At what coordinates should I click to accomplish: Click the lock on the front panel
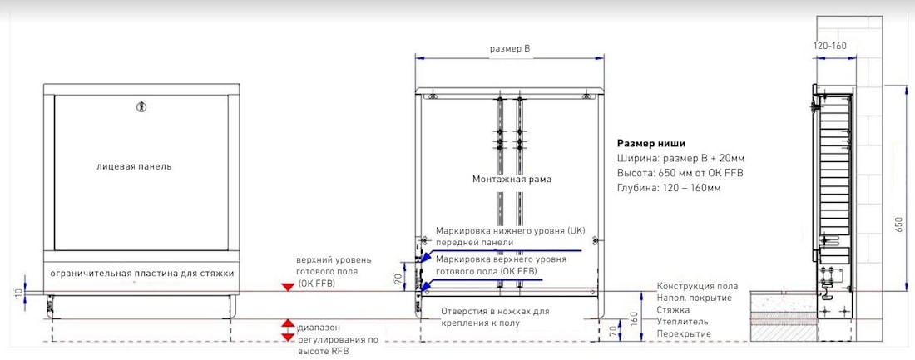141,106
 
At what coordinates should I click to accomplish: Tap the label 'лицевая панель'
134,166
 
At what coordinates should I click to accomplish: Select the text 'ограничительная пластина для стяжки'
141,273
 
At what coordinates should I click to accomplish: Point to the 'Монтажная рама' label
512,179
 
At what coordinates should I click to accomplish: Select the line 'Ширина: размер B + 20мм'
680,158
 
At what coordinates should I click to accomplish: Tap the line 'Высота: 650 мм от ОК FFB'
680,173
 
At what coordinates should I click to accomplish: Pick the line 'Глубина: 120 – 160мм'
669,188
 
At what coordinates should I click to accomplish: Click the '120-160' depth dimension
829,46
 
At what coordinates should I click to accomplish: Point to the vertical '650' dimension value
898,224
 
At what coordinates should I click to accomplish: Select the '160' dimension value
633,318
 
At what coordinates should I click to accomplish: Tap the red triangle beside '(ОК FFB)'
288,286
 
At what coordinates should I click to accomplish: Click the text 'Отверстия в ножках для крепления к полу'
495,317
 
